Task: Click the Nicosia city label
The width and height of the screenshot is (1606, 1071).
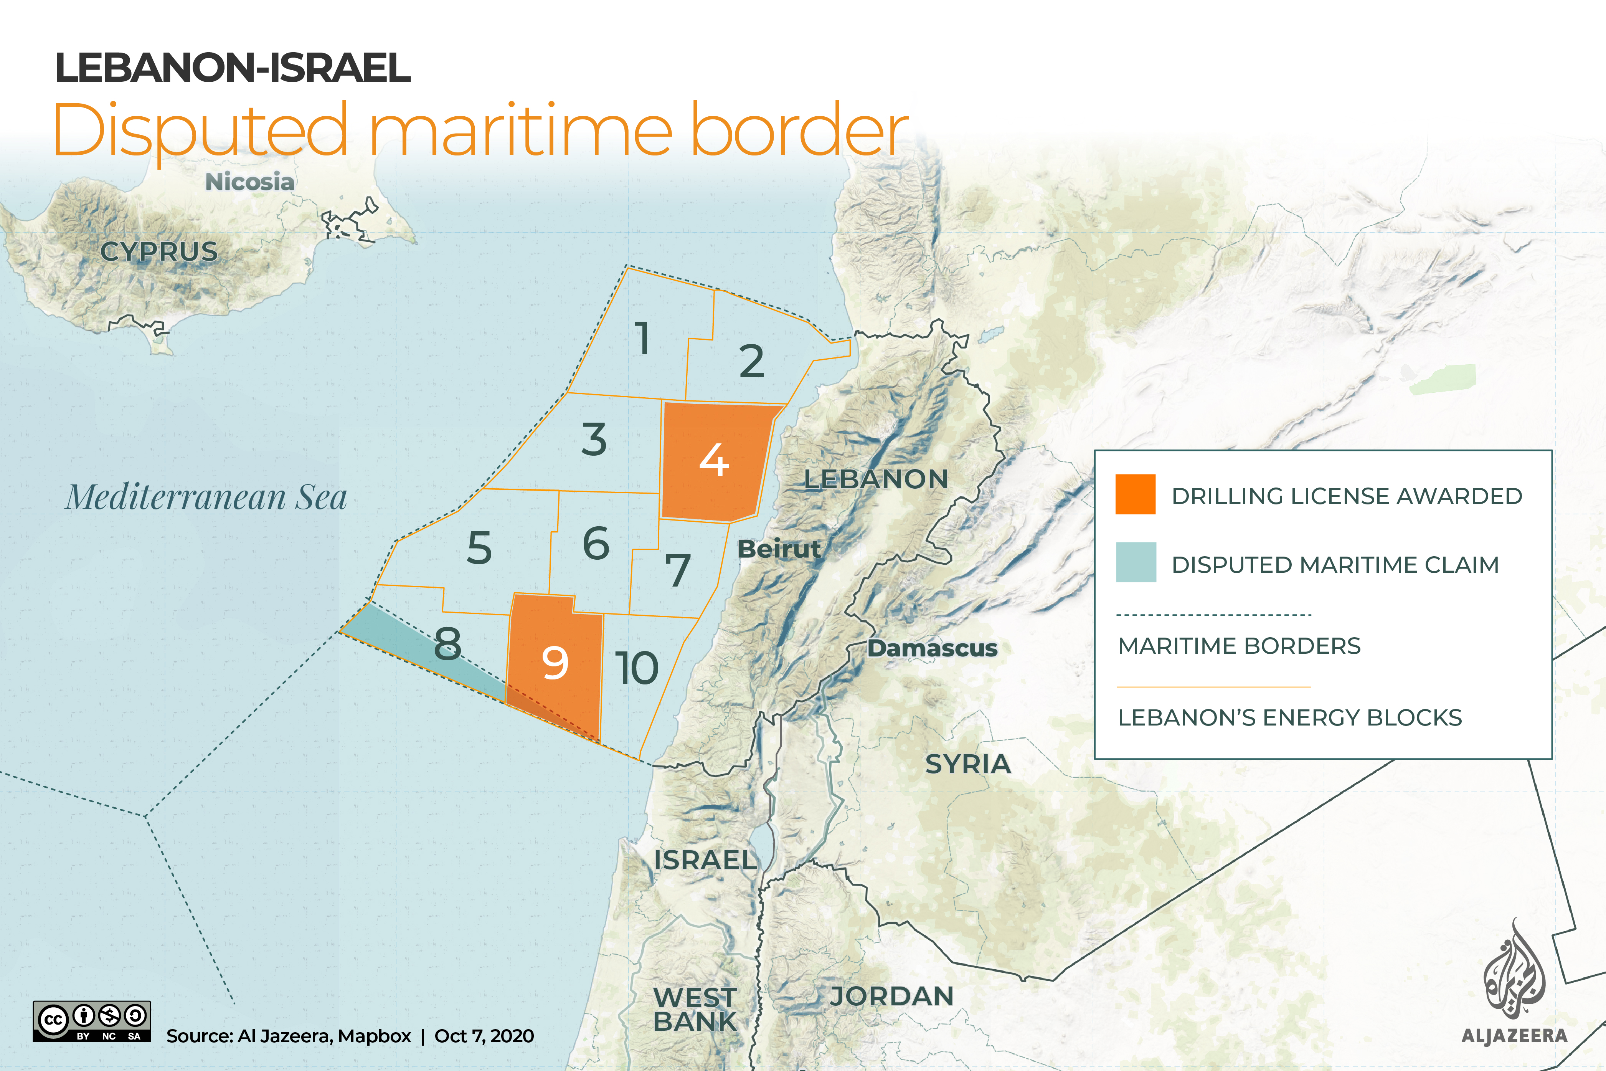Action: coord(250,182)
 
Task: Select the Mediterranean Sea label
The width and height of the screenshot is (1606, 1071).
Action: coord(206,497)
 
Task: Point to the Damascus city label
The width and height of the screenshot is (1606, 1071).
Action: coord(932,648)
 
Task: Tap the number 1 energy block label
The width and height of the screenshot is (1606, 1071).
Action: coord(642,338)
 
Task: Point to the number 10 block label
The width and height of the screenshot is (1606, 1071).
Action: coord(636,668)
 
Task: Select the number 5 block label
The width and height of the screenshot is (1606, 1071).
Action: coord(479,548)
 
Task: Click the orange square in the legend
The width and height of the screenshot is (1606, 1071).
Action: coord(1135,494)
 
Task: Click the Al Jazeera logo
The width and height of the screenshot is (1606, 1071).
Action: coord(1514,983)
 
